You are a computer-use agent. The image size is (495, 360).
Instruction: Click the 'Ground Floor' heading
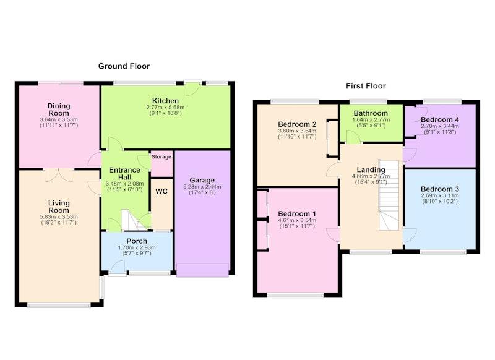pyautogui.click(x=124, y=66)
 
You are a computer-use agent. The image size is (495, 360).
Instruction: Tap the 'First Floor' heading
pyautogui.click(x=366, y=86)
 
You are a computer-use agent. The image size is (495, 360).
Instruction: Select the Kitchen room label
pyautogui.click(x=165, y=101)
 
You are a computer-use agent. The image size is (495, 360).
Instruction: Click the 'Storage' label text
pyautogui.click(x=161, y=157)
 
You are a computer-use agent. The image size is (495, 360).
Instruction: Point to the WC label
pyautogui.click(x=161, y=192)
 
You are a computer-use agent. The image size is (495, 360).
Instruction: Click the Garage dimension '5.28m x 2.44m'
pyautogui.click(x=202, y=187)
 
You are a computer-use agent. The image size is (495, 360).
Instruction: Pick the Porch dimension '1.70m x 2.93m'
pyautogui.click(x=137, y=247)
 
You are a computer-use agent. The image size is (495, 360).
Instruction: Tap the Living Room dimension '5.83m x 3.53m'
pyautogui.click(x=59, y=217)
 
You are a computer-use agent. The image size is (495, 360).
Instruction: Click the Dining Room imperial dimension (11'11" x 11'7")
pyautogui.click(x=59, y=126)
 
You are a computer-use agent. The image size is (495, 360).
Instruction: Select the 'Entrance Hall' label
pyautogui.click(x=125, y=174)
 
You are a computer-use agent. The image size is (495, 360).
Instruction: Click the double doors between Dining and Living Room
pyautogui.click(x=58, y=175)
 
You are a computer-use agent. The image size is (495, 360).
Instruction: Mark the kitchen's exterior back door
pyautogui.click(x=192, y=88)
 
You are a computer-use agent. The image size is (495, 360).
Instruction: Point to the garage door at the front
pyautogui.click(x=202, y=270)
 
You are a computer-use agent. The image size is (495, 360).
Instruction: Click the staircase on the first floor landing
pyautogui.click(x=389, y=195)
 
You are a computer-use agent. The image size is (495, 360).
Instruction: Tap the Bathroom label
pyautogui.click(x=371, y=113)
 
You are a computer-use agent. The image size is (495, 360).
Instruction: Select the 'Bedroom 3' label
pyautogui.click(x=440, y=189)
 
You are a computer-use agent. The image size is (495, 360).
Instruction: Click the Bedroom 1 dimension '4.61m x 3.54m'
pyautogui.click(x=297, y=221)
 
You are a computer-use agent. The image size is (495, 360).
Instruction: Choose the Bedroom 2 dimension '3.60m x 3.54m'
pyautogui.click(x=297, y=131)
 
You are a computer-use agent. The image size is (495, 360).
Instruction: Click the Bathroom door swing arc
pyautogui.click(x=353, y=137)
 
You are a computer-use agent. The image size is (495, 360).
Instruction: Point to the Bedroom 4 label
pyautogui.click(x=440, y=120)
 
